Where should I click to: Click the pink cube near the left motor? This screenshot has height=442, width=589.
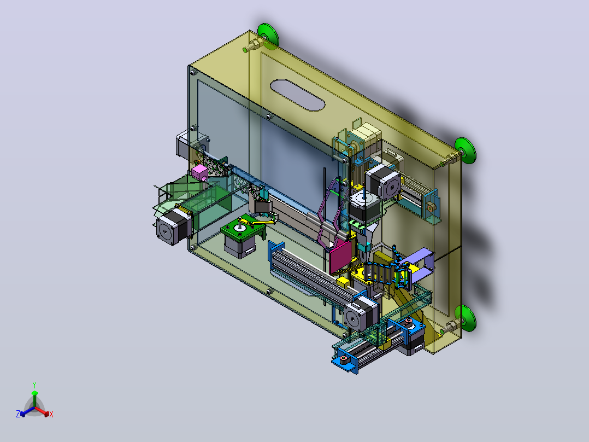point(199,172)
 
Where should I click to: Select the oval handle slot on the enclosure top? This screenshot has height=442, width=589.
point(297,95)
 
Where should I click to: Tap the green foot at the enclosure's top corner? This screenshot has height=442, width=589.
point(268,36)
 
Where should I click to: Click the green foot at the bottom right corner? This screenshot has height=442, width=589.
point(466,318)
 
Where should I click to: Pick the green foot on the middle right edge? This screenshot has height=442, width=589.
point(466,150)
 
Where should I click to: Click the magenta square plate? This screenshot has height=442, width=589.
point(340,257)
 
